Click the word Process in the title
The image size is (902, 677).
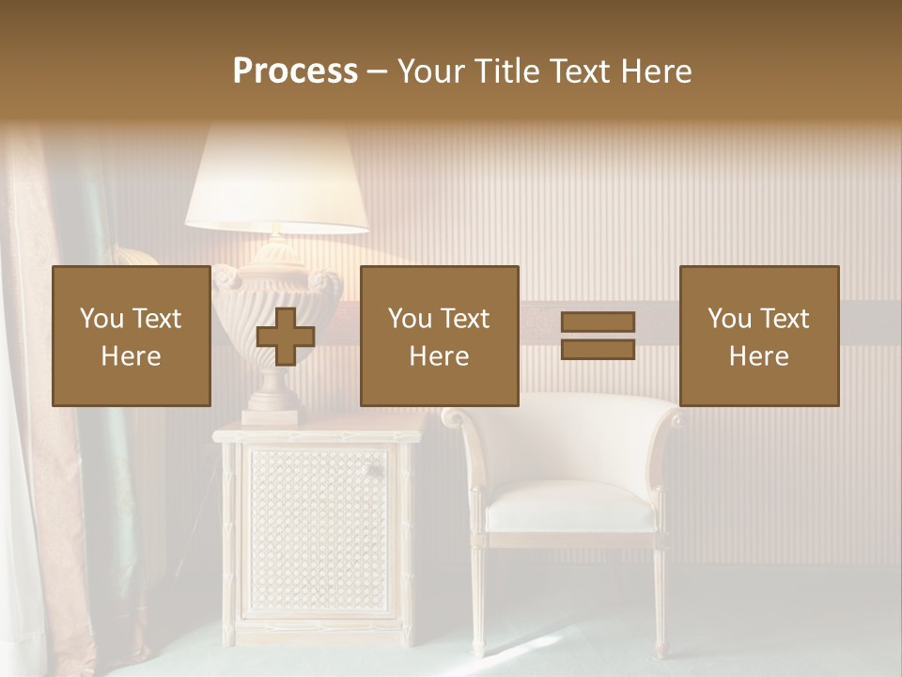pos(295,71)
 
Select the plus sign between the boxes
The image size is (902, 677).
pos(286,336)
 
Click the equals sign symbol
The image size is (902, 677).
pos(598,336)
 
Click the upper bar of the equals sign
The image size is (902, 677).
pos(598,323)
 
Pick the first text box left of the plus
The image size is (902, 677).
pos(131,336)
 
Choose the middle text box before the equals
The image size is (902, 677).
pos(439,336)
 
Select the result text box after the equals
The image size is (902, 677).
pos(758,336)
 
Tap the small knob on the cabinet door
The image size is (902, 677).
pos(372,470)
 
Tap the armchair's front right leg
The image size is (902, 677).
pos(660,602)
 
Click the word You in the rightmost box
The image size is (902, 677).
pos(729,319)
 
